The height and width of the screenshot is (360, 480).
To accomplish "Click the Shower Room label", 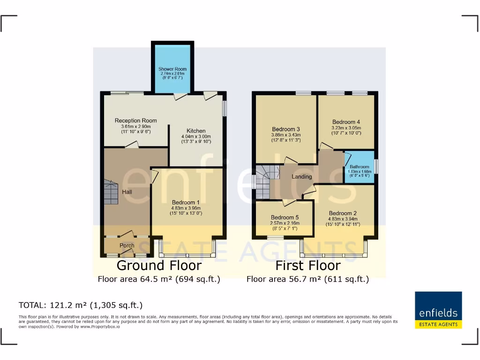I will [x=172, y=69].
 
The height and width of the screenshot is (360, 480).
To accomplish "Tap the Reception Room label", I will [x=136, y=121].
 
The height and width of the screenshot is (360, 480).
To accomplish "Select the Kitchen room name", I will [x=196, y=131].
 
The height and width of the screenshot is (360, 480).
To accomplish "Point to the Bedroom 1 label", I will [x=186, y=202].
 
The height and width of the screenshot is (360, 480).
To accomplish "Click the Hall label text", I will [x=127, y=192].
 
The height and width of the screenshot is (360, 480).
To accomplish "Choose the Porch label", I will [x=127, y=245].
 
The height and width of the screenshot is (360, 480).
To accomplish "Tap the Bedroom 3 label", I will [x=286, y=129].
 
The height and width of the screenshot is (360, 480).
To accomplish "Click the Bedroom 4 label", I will [x=346, y=122].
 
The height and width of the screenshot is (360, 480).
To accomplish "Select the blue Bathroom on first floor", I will [x=360, y=168].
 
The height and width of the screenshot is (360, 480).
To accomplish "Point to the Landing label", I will [x=301, y=177].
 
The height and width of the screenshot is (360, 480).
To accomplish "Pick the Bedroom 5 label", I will [x=285, y=217].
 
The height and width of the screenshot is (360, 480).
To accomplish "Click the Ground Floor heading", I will [x=159, y=265].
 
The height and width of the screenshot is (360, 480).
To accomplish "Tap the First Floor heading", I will [x=307, y=265].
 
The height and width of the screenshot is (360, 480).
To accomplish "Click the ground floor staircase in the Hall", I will [x=112, y=192].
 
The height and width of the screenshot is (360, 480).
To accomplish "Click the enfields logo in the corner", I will [x=438, y=310].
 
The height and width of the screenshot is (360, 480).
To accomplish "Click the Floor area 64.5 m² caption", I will [x=159, y=279].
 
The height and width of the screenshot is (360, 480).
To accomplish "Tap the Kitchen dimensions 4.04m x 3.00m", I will [x=196, y=136].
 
